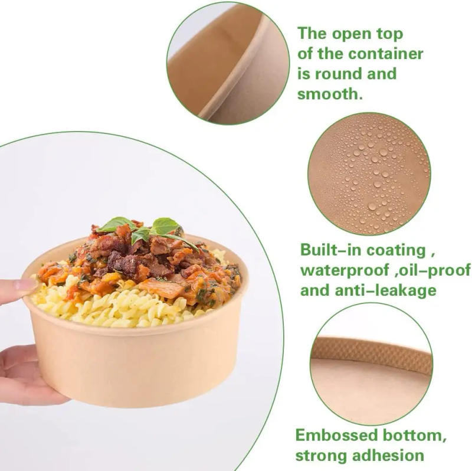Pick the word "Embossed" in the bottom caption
pyautogui.click(x=337, y=436)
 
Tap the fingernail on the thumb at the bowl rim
pyautogui.click(x=25, y=285)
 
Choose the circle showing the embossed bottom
pyautogui.click(x=371, y=364)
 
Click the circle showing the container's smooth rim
pyautogui.click(x=228, y=62)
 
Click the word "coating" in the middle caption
pyautogui.click(x=396, y=250)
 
